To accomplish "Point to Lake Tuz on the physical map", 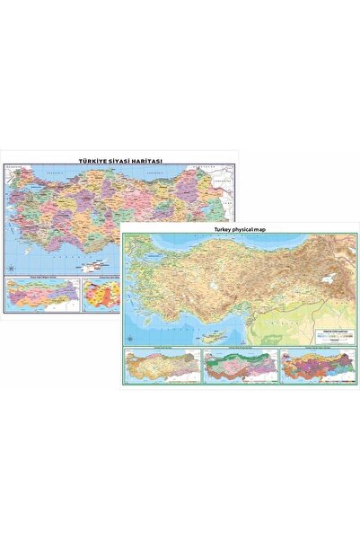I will [x=211, y=284].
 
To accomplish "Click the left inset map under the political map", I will [x=42, y=294].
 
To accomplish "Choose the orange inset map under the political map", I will [x=102, y=293].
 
